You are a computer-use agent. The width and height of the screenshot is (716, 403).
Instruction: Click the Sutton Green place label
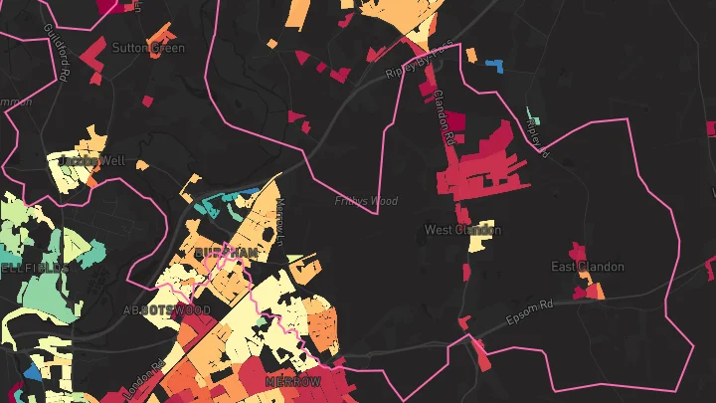[x=148, y=47]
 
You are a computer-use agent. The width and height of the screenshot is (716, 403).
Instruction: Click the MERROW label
[x=293, y=382]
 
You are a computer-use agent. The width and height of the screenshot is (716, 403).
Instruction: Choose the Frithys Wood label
[x=366, y=201]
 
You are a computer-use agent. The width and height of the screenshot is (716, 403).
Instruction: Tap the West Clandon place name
[x=462, y=230]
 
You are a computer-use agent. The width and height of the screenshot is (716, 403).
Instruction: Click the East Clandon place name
[x=588, y=267]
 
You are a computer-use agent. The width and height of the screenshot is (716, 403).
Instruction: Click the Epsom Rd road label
[x=527, y=311]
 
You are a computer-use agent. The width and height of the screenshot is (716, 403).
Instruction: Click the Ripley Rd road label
[x=537, y=136]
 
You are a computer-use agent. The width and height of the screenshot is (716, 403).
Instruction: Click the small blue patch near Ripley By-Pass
[x=494, y=66]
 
